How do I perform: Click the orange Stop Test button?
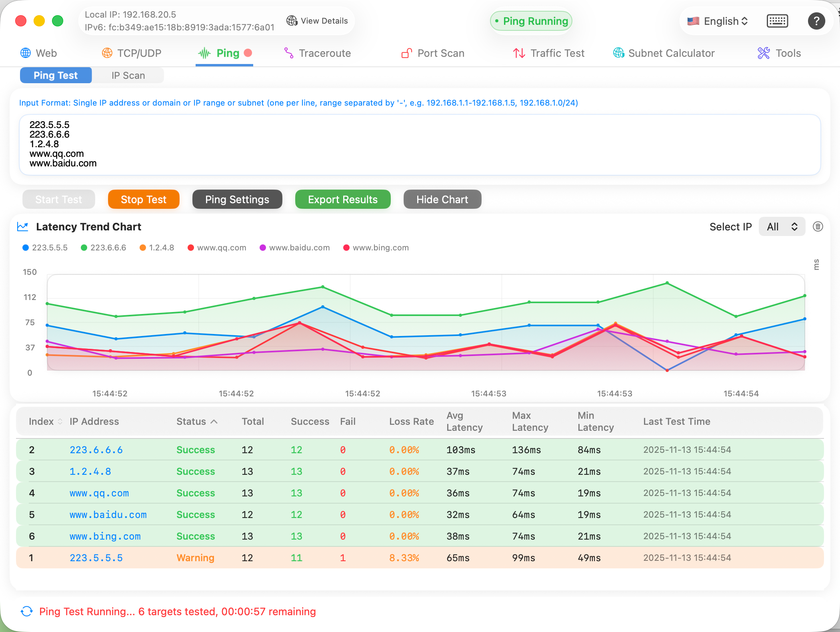(x=143, y=199)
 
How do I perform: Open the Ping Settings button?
(x=237, y=199)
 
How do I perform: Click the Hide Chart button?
(x=442, y=199)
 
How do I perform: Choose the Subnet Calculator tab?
(x=664, y=53)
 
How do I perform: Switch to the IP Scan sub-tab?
(x=128, y=76)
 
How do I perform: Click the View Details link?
(x=317, y=21)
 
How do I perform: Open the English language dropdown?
(x=718, y=21)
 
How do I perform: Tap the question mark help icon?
(x=816, y=21)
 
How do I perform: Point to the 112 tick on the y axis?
(x=30, y=297)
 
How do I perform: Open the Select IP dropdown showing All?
(x=782, y=227)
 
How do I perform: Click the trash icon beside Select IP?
(x=818, y=227)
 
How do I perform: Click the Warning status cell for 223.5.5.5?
(x=195, y=558)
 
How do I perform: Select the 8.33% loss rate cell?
(x=404, y=558)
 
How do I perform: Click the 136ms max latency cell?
(x=526, y=450)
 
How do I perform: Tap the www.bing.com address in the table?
(x=105, y=536)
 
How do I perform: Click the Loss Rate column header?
(x=411, y=421)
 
